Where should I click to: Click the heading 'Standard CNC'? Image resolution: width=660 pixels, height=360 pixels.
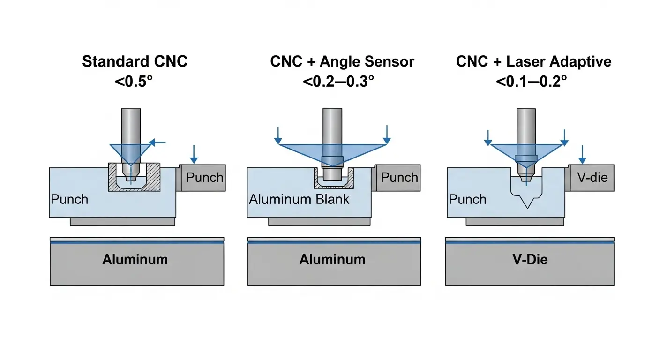click(x=135, y=62)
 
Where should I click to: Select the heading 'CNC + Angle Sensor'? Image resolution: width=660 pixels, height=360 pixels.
click(x=342, y=62)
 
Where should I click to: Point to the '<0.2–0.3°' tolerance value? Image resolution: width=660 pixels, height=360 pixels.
click(x=338, y=81)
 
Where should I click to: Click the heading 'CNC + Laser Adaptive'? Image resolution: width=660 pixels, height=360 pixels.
click(x=534, y=62)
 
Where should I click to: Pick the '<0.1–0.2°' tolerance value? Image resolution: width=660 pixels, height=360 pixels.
click(x=532, y=81)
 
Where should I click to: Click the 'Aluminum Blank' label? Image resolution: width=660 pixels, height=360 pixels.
click(x=299, y=199)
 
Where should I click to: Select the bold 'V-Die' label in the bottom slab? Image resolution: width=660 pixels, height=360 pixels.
click(x=529, y=259)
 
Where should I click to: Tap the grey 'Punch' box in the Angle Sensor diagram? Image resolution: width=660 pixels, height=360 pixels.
click(x=398, y=178)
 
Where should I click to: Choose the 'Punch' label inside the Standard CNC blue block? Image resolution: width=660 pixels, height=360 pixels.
click(x=69, y=199)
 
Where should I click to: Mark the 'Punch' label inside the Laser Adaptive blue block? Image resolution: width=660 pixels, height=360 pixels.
click(x=467, y=199)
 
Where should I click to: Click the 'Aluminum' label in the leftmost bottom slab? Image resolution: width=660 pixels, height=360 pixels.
click(x=135, y=259)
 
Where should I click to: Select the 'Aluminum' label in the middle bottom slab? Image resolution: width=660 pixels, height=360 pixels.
click(x=332, y=259)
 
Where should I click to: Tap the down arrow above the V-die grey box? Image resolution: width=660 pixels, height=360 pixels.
click(x=582, y=154)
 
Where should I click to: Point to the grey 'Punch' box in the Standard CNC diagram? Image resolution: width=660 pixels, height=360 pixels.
click(x=204, y=178)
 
